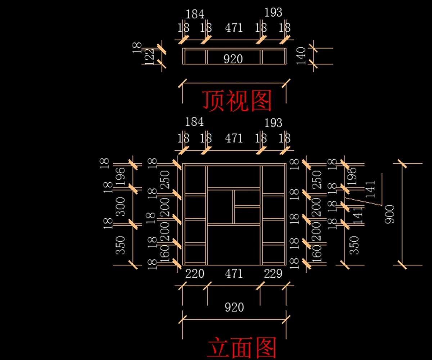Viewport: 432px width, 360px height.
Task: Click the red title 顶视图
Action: [237, 100]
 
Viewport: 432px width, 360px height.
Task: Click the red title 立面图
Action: [242, 347]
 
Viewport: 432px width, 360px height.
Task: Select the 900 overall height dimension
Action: [390, 214]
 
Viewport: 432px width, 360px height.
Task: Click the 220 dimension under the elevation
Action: [194, 274]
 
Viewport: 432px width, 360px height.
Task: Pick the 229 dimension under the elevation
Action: [273, 274]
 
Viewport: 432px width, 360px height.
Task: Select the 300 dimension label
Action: [122, 206]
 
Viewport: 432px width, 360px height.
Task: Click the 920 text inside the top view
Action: [233, 59]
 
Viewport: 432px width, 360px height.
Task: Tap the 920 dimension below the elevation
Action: [234, 307]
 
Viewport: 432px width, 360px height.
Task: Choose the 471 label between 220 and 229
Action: [234, 274]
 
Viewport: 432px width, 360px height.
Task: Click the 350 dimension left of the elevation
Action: [122, 245]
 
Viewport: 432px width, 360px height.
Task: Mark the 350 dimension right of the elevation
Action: [355, 245]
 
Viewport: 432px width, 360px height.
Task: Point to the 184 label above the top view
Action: [195, 14]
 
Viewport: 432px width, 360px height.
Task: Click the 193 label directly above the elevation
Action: [273, 123]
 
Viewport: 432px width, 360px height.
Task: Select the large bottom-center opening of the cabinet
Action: [234, 245]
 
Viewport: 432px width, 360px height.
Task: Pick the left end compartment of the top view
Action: [195, 57]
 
